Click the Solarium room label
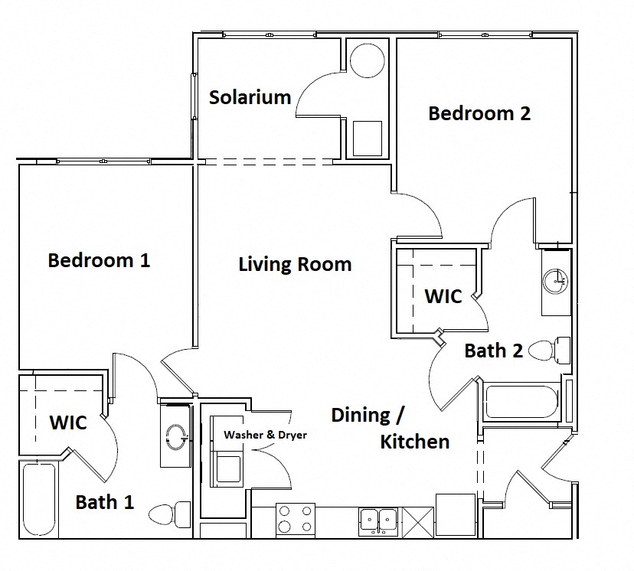click(x=250, y=97)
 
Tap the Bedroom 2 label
click(x=479, y=113)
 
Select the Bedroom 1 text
click(x=99, y=259)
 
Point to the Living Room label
click(x=295, y=264)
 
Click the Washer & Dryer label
click(x=265, y=435)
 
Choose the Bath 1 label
click(x=105, y=502)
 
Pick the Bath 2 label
click(x=494, y=351)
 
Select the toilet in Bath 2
click(x=550, y=351)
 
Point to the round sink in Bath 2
click(x=555, y=281)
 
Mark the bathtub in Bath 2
click(x=521, y=403)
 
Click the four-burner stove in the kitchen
click(x=295, y=518)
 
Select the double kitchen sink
click(x=377, y=520)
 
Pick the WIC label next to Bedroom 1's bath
click(x=68, y=422)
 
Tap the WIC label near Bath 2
click(x=443, y=295)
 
